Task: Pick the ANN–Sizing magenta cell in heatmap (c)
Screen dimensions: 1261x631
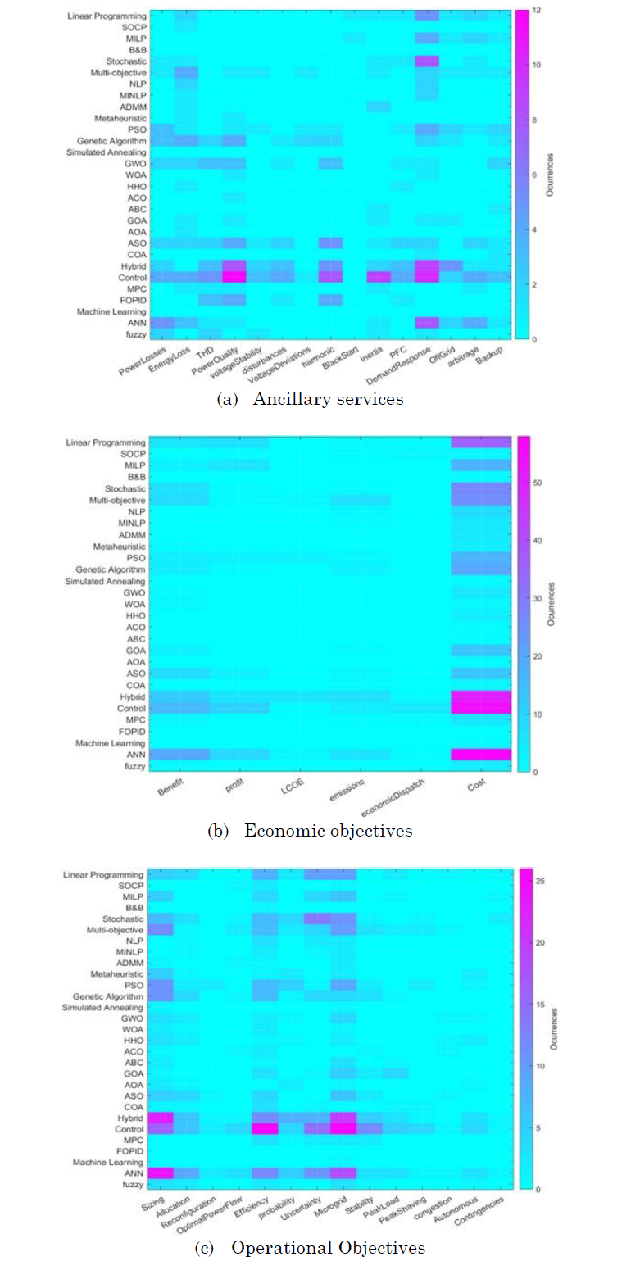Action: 160,1173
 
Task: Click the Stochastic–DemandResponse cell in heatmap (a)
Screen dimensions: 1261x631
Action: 427,61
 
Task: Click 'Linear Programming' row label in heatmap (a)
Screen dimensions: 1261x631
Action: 107,16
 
